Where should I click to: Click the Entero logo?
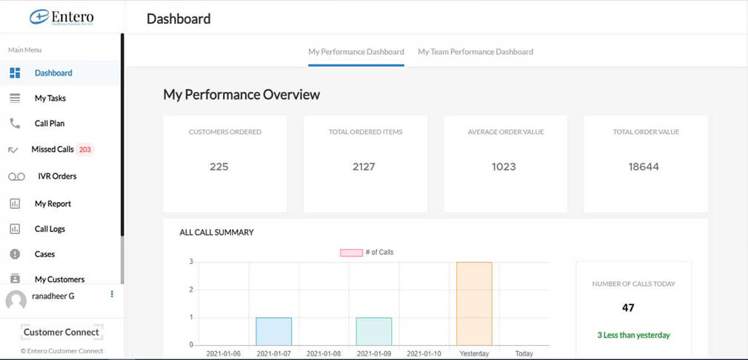coord(61,18)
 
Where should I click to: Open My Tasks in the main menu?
coord(50,98)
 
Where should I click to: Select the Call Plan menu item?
coord(50,124)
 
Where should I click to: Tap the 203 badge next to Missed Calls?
coord(85,150)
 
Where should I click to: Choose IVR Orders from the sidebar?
coord(56,176)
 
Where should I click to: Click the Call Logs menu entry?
coord(50,229)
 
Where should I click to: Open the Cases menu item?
coord(44,254)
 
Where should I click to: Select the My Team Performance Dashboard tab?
coord(475,52)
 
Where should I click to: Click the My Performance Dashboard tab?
coord(356,52)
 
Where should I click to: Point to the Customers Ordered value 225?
coord(219,167)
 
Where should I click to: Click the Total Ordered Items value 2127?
coord(364,167)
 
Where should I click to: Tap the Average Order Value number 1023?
coord(504,167)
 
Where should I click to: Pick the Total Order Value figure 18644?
coord(644,167)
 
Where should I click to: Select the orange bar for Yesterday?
coord(474,303)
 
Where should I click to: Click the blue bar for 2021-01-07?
coord(274,331)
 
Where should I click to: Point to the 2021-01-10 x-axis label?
coord(424,354)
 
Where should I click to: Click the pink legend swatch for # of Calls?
coord(350,253)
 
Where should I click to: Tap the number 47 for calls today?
coord(628,307)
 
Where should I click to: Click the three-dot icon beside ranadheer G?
coord(112,294)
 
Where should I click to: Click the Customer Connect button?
coord(61,332)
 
